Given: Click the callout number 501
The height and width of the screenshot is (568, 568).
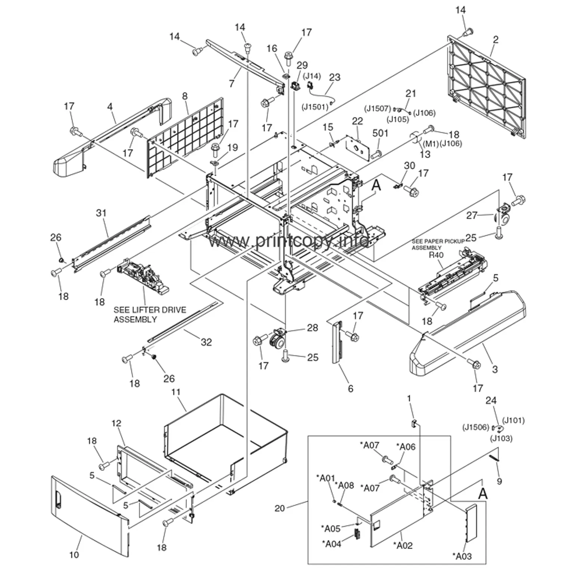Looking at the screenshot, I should tap(380, 133).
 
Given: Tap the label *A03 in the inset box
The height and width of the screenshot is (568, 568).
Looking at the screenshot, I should tap(462, 556).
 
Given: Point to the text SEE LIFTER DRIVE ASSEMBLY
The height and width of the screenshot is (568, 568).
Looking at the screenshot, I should tap(149, 315).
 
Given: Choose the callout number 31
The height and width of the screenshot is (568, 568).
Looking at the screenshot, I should tap(101, 213).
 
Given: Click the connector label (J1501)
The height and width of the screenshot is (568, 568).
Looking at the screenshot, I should tap(315, 107).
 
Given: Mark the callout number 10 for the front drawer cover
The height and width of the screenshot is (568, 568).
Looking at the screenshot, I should tap(74, 555).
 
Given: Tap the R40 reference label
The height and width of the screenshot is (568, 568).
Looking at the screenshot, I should tap(436, 255).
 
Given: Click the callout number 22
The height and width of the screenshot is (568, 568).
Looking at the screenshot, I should tap(357, 121).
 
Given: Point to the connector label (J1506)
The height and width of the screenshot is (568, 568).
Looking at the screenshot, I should tap(475, 427).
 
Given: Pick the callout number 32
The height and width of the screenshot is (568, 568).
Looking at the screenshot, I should tap(206, 342).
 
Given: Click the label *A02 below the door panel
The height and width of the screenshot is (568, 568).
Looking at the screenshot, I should tap(403, 546).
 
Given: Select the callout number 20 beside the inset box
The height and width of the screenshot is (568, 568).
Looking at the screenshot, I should tap(280, 508).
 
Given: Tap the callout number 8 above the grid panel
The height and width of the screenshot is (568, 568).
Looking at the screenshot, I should tap(185, 96).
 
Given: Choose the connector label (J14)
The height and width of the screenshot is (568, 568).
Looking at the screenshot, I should tap(312, 76).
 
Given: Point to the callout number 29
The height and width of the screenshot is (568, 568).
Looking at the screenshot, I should tap(302, 65).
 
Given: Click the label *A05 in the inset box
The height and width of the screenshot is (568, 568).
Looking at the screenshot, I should tap(331, 528).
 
